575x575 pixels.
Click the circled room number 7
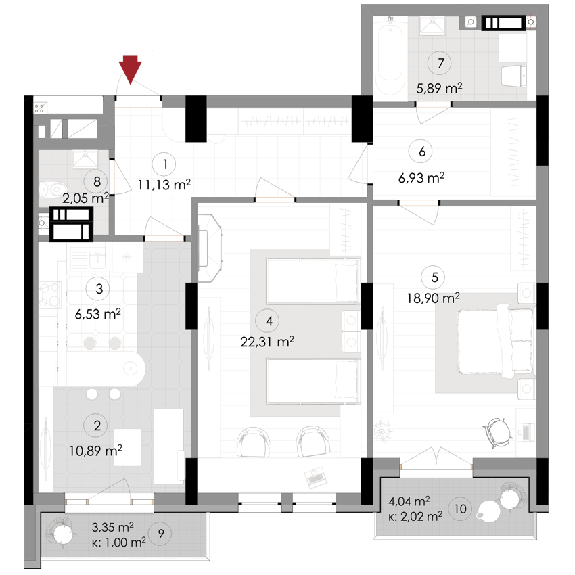440,64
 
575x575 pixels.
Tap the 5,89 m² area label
440,87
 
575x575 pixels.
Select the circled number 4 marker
269,321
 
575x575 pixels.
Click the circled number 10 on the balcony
461,508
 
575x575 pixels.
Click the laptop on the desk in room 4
315,477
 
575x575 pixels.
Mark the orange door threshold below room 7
433,104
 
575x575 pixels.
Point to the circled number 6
421,152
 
